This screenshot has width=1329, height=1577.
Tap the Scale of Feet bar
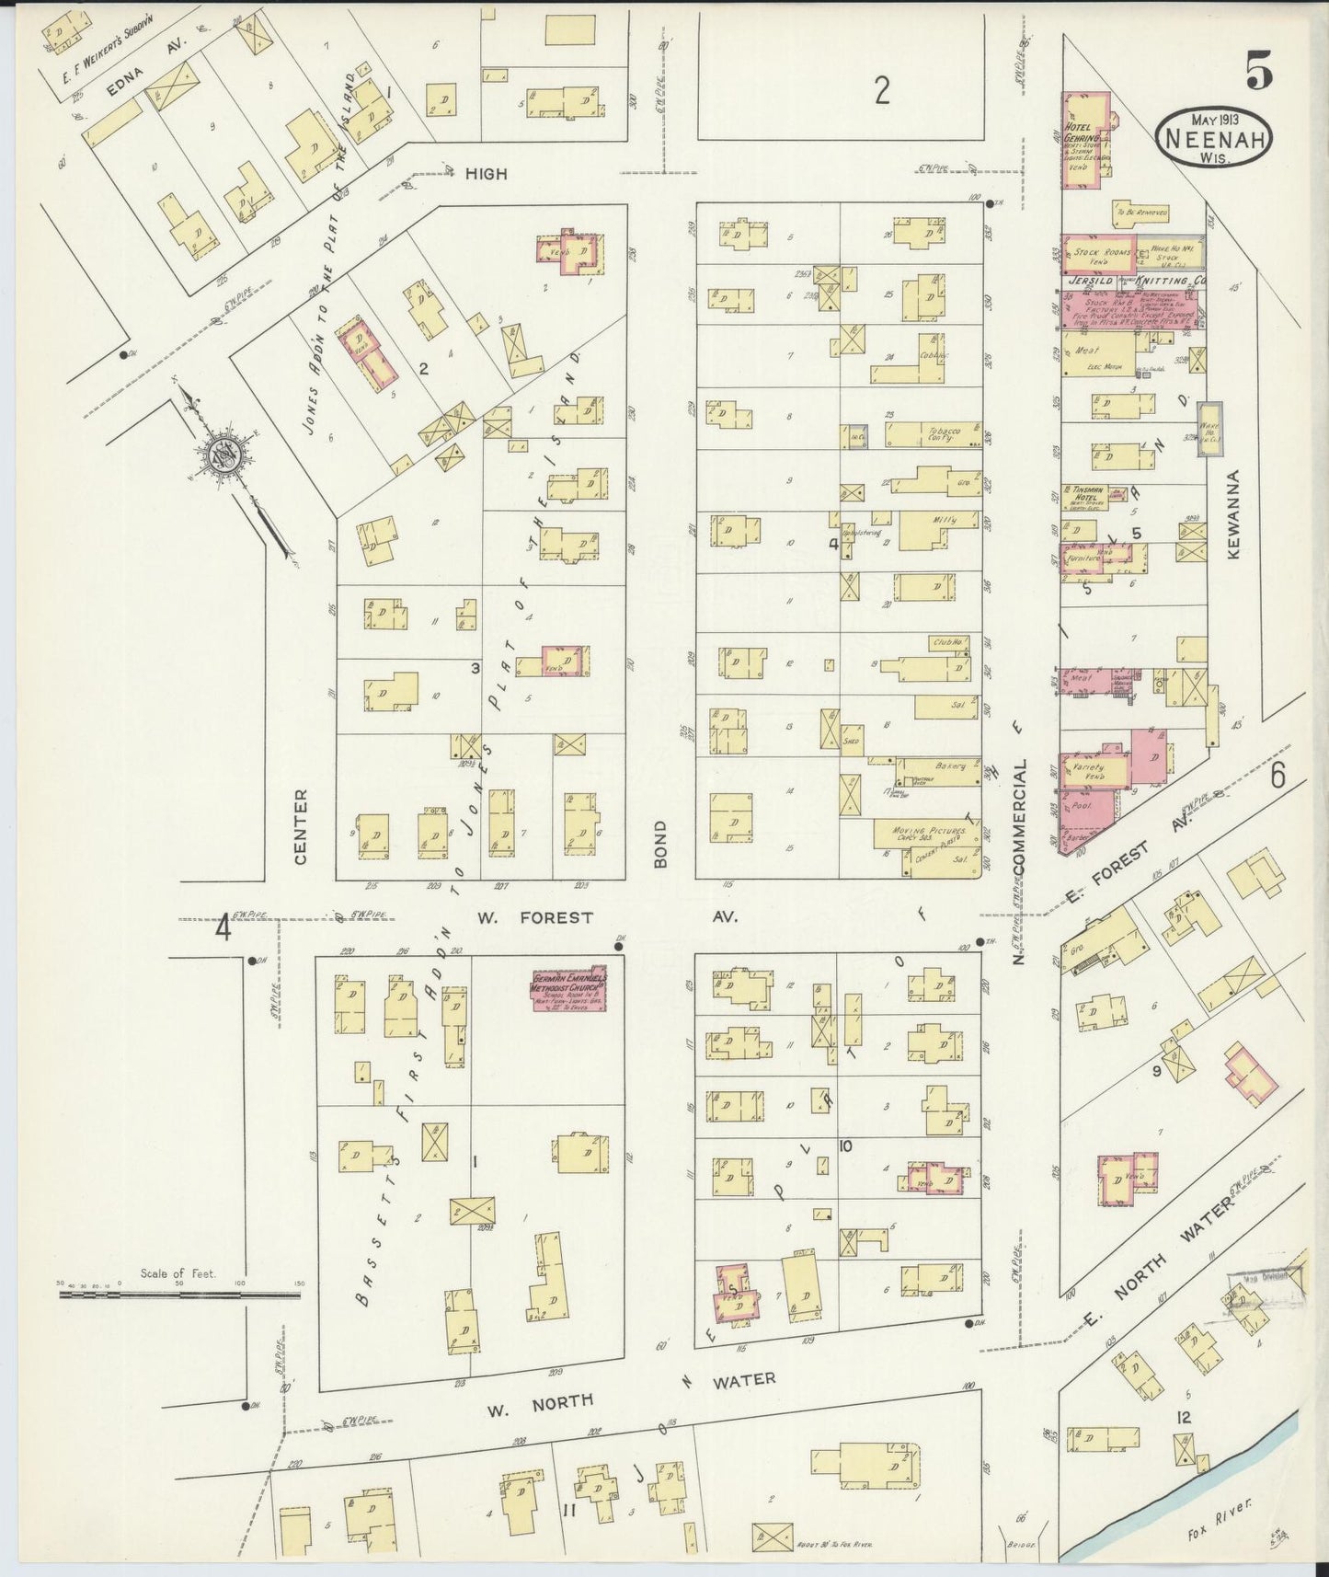click(x=179, y=1293)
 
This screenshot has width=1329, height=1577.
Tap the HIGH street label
click(x=486, y=173)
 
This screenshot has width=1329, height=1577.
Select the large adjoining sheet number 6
click(x=1277, y=777)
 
